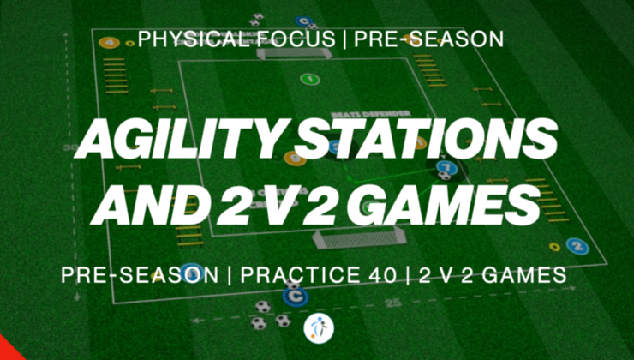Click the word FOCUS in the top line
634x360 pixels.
coord(284,39)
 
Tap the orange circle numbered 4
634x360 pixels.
coord(108,42)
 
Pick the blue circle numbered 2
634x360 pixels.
coord(578,247)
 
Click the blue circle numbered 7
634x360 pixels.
coord(444,167)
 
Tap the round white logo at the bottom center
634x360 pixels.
coord(317,328)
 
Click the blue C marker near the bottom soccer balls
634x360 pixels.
coord(294,297)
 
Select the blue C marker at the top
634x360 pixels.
coord(302,21)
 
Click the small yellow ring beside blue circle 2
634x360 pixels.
coord(555,248)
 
